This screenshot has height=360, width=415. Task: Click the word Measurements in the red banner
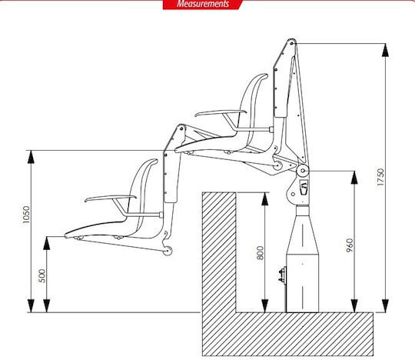(x=203, y=4)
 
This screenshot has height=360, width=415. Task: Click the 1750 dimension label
(x=380, y=177)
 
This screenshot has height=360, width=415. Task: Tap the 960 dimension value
(x=350, y=245)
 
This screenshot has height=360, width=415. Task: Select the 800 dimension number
(x=261, y=253)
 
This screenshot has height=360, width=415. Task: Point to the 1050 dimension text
(x=26, y=215)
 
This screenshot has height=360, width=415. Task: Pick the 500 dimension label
(x=42, y=275)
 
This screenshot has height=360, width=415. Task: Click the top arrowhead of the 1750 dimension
(x=385, y=50)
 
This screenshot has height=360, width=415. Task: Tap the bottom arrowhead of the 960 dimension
(x=354, y=305)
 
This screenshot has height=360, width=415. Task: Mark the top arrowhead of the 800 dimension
(x=264, y=199)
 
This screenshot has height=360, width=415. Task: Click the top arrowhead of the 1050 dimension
(x=31, y=157)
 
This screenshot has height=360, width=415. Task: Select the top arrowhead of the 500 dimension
(x=47, y=243)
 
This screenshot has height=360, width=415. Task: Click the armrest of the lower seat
(x=111, y=198)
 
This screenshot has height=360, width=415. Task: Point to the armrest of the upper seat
(x=221, y=113)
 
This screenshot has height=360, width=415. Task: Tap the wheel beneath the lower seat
(x=168, y=250)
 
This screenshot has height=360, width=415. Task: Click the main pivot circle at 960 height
(x=303, y=171)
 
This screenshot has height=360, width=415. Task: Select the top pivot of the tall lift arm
(x=292, y=42)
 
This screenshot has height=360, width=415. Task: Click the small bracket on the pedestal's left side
(x=282, y=275)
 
